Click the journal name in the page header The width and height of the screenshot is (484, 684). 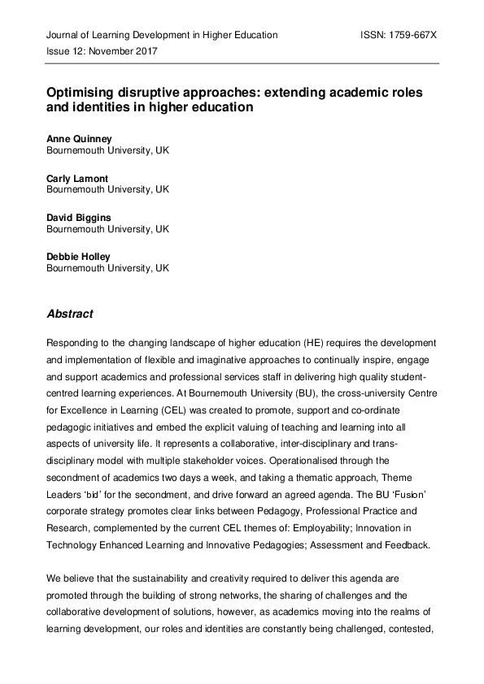tap(162, 36)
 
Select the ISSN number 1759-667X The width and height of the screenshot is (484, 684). tap(399, 36)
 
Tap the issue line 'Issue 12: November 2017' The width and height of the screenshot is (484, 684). tap(102, 51)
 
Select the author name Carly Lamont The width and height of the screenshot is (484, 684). tap(78, 177)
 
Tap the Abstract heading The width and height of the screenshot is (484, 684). tap(70, 314)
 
